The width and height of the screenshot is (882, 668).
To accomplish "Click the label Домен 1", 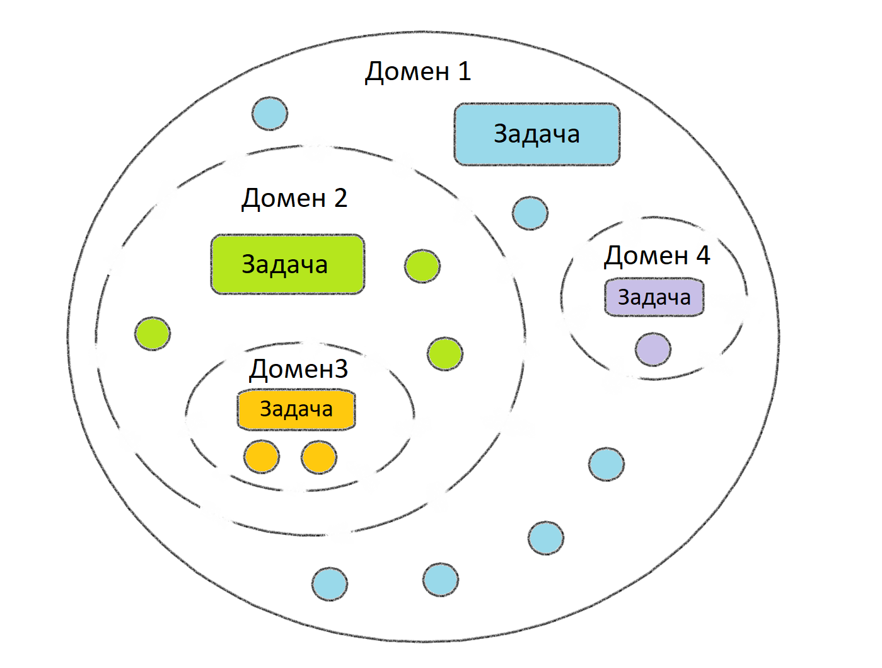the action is (x=417, y=72).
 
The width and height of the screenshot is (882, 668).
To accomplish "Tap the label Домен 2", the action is (x=294, y=199).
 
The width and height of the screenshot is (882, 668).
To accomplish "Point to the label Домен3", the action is (x=298, y=370).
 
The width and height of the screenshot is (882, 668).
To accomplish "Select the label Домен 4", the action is (x=656, y=256).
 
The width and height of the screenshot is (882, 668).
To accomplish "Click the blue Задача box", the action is (x=537, y=134).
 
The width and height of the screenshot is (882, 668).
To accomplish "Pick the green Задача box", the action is (x=287, y=264).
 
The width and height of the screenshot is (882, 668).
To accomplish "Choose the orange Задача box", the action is (x=296, y=409).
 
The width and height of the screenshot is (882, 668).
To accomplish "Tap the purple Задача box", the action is (x=654, y=298).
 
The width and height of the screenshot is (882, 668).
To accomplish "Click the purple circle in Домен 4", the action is (x=653, y=349).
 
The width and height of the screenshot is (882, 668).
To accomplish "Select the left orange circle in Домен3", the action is (x=262, y=457).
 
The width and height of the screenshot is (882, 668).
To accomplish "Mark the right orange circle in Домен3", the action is (x=319, y=457).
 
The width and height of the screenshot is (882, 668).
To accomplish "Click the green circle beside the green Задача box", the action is (x=422, y=266).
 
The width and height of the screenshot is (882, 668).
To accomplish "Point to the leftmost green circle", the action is (x=153, y=334).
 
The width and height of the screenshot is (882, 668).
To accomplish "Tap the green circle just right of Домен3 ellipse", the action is (x=445, y=354).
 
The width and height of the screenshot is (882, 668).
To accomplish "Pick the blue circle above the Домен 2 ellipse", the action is (x=270, y=114).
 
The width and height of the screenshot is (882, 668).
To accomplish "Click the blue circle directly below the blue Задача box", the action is (x=530, y=213).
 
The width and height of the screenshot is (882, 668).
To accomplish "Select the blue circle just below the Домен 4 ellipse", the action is (x=606, y=464).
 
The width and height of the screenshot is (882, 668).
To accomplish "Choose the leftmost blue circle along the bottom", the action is (x=330, y=584).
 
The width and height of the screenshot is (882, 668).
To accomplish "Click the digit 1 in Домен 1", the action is (x=465, y=71).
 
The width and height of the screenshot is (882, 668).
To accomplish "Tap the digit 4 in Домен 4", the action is (x=703, y=255).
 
